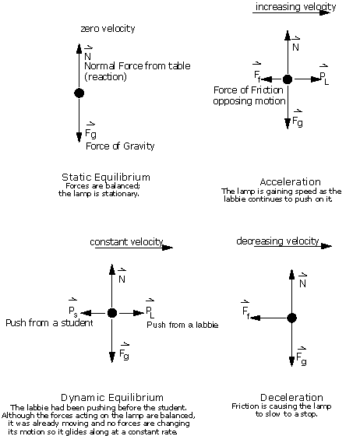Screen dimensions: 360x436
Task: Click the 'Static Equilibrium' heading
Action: pyautogui.click(x=106, y=178)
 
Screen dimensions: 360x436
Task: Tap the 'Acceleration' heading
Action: pyautogui.click(x=290, y=182)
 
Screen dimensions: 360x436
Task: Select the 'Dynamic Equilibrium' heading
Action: pyautogui.click(x=112, y=397)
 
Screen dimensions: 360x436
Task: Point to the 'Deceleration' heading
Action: pyautogui.click(x=291, y=397)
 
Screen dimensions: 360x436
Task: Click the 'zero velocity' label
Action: pyautogui.click(x=108, y=28)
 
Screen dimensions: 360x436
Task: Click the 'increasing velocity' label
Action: pyautogui.click(x=296, y=6)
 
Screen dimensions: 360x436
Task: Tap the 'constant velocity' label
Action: pyautogui.click(x=126, y=241)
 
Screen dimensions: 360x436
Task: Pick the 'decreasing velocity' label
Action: pyautogui.click(x=277, y=241)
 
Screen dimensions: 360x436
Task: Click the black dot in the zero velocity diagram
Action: pyautogui.click(x=79, y=93)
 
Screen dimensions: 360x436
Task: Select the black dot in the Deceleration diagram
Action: pyautogui.click(x=291, y=318)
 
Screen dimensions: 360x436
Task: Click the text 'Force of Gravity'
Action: pyautogui.click(x=120, y=146)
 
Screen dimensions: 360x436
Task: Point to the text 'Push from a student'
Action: pyautogui.click(x=49, y=322)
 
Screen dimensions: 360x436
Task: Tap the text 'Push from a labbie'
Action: pyautogui.click(x=182, y=325)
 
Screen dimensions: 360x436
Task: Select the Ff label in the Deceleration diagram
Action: pyautogui.click(x=246, y=310)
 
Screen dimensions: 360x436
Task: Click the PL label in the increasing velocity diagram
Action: pyautogui.click(x=324, y=77)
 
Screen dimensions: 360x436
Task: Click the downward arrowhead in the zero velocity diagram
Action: pyautogui.click(x=79, y=137)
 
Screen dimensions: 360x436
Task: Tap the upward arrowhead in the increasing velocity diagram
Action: pyautogui.click(x=288, y=35)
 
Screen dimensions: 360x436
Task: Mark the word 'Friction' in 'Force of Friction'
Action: pyautogui.click(x=267, y=90)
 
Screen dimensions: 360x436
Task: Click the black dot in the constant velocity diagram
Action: pyautogui.click(x=112, y=313)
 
